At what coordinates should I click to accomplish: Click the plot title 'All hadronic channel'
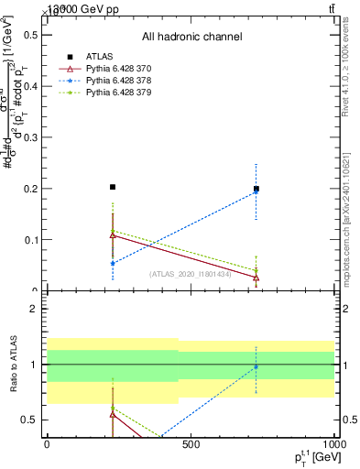(x=191, y=38)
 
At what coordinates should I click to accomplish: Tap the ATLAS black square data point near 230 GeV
(x=113, y=187)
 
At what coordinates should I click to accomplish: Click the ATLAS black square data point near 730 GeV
(x=256, y=190)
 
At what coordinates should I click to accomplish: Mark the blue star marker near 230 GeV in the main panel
(x=113, y=263)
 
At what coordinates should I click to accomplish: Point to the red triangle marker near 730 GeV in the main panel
(x=256, y=278)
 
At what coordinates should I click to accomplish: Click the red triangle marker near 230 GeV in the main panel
(x=113, y=234)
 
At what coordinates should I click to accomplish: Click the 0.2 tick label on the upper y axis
(x=32, y=189)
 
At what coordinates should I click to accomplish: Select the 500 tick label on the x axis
(x=191, y=444)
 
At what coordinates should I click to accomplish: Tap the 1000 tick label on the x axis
(x=332, y=444)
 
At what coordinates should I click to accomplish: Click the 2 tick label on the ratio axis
(x=33, y=310)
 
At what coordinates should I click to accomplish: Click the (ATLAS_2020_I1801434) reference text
(x=191, y=274)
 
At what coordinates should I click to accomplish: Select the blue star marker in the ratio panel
(x=256, y=366)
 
